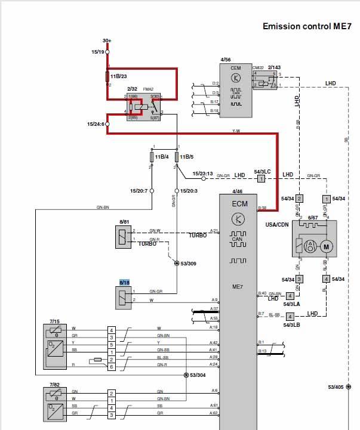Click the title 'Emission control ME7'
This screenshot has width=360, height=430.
(307, 27)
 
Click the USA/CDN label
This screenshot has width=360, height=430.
(278, 225)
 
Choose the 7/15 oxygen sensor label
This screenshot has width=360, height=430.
(55, 320)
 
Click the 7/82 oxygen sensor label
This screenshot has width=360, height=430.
(55, 385)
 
